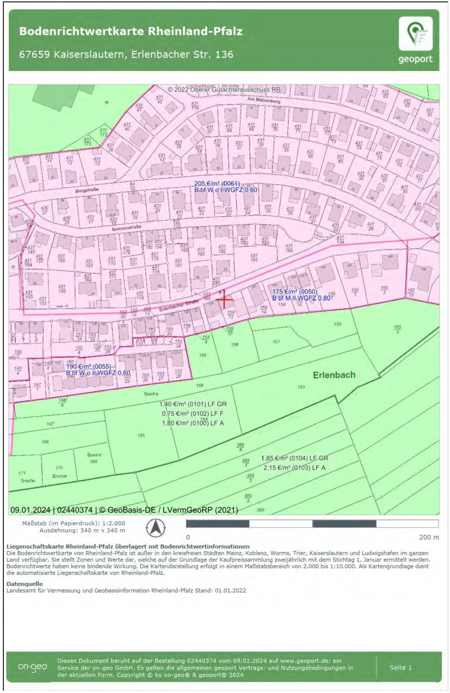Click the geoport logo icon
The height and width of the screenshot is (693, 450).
(x=415, y=34)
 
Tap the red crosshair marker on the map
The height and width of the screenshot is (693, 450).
(x=224, y=299)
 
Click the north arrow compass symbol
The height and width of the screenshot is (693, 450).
(x=156, y=528)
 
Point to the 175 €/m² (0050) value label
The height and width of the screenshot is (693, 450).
(x=295, y=292)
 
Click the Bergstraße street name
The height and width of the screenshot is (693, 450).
(x=87, y=190)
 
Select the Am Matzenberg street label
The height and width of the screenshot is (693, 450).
(x=264, y=100)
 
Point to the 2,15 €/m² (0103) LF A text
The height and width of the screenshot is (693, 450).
(x=294, y=468)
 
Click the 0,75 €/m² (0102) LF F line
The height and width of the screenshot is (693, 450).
(x=193, y=414)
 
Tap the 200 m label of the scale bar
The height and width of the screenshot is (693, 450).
(x=429, y=537)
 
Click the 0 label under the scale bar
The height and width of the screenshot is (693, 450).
(x=188, y=537)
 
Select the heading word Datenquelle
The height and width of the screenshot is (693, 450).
(x=24, y=584)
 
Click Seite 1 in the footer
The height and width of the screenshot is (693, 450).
(x=400, y=667)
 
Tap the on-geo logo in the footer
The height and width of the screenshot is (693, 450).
(x=32, y=667)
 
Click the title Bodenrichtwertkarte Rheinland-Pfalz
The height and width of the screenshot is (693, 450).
(x=131, y=31)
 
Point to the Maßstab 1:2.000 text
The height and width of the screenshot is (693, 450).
(x=74, y=523)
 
